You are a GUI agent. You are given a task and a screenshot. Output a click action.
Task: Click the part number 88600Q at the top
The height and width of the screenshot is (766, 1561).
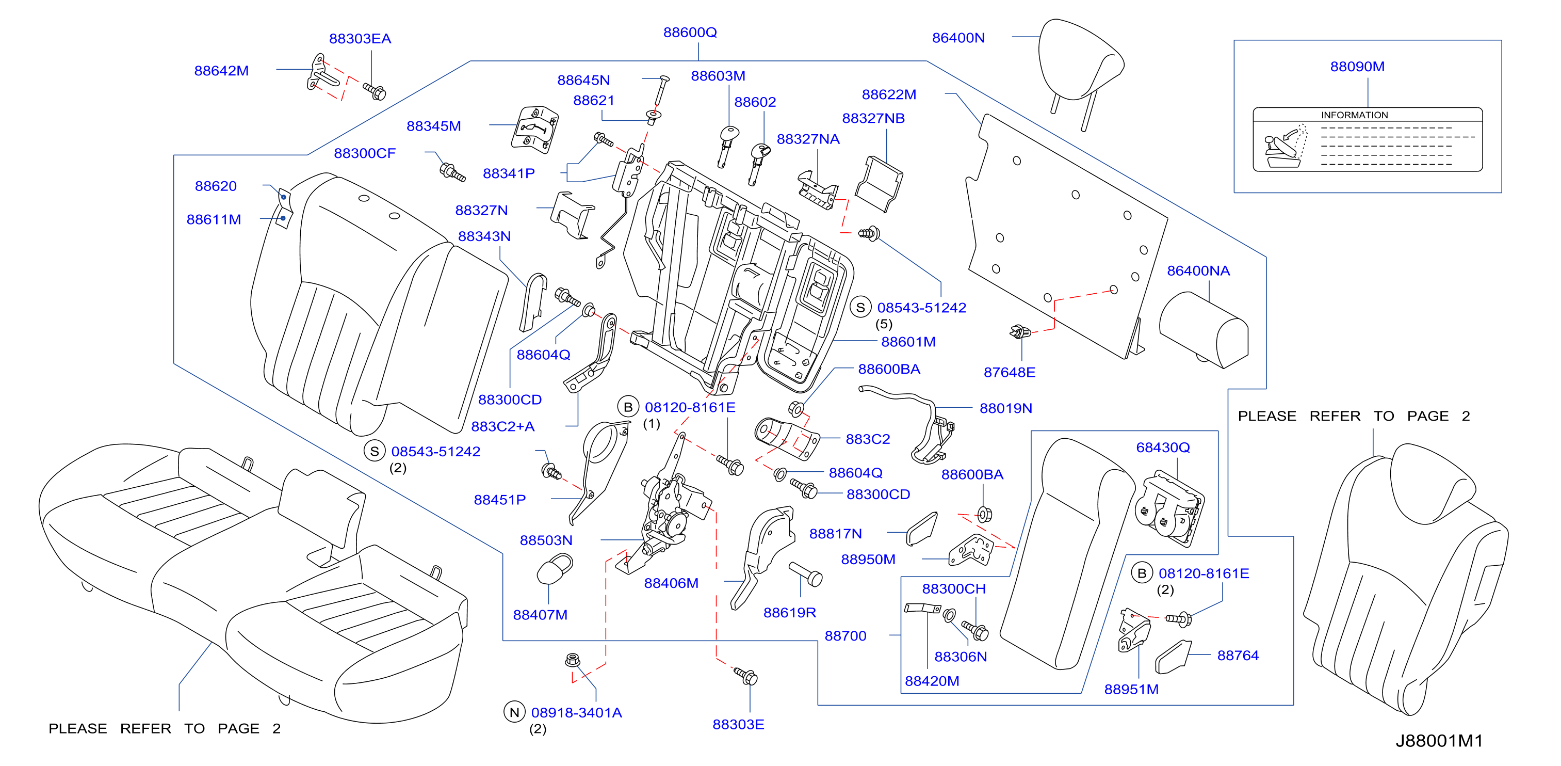pyautogui.click(x=690, y=32)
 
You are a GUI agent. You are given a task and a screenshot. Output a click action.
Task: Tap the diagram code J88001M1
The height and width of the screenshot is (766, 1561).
pyautogui.click(x=1439, y=741)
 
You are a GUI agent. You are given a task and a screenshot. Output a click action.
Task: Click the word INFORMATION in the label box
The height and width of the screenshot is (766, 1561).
pyautogui.click(x=1354, y=115)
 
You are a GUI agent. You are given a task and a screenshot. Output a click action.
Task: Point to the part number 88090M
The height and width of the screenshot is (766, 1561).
pyautogui.click(x=1357, y=67)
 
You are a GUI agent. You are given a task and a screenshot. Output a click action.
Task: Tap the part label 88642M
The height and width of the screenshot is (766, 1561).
pyautogui.click(x=221, y=70)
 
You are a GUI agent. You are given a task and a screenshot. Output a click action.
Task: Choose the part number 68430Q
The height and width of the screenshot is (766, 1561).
pyautogui.click(x=1163, y=448)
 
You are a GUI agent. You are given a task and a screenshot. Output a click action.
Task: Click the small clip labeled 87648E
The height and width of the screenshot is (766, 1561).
pyautogui.click(x=1019, y=332)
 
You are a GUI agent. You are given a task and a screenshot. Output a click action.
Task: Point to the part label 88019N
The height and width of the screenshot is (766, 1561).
pyautogui.click(x=1006, y=408)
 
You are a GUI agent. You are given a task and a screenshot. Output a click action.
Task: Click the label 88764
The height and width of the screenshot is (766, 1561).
pyautogui.click(x=1238, y=656)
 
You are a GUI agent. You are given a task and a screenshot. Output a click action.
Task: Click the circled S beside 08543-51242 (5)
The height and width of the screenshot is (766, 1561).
pyautogui.click(x=860, y=308)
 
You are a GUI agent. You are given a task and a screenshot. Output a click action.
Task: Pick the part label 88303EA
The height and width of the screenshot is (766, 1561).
pyautogui.click(x=360, y=39)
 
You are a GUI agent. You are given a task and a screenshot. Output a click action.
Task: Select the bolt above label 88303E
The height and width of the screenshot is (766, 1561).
pyautogui.click(x=745, y=676)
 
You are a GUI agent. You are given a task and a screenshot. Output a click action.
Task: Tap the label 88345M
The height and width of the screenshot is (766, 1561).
pyautogui.click(x=434, y=126)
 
